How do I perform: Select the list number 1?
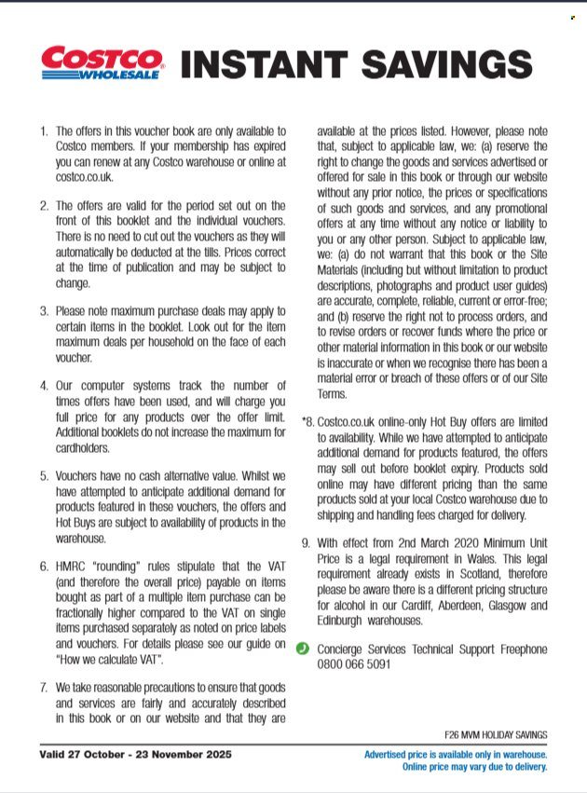43,131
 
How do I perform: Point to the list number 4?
43,385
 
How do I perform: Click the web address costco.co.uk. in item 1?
85,176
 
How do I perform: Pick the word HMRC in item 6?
74,566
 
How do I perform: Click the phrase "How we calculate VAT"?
111,660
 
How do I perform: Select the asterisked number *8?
307,421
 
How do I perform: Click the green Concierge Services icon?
303,649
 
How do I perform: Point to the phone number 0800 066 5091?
354,664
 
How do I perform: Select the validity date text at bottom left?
135,754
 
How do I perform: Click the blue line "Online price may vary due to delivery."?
474,767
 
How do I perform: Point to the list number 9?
306,542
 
